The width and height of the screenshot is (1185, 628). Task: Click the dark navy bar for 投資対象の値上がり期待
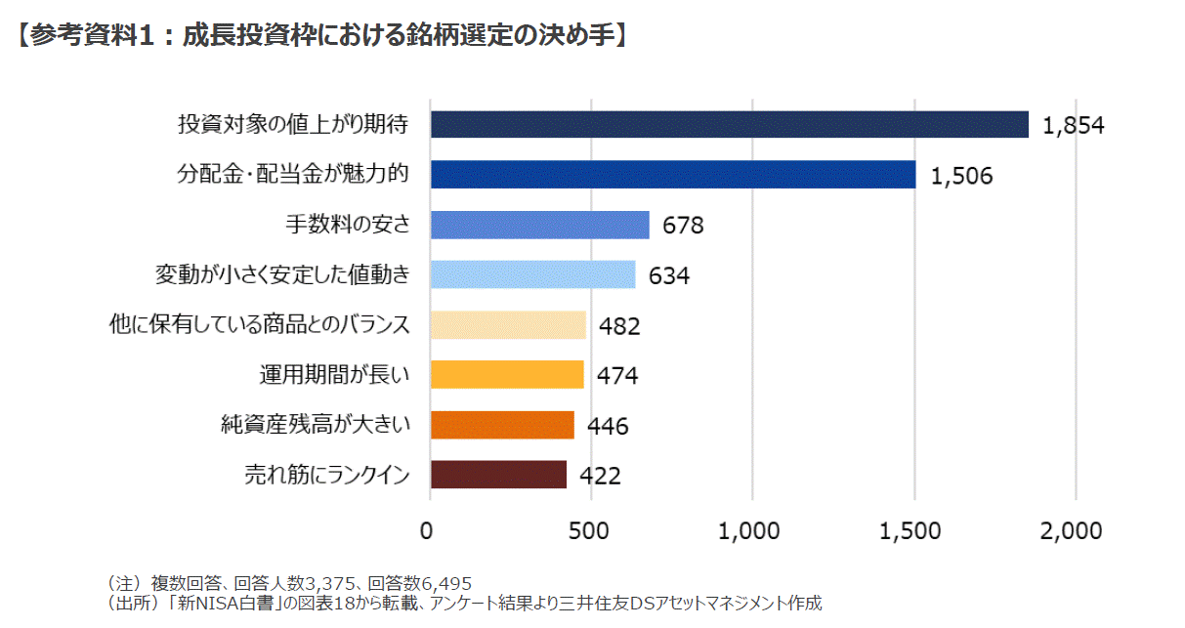coord(729,124)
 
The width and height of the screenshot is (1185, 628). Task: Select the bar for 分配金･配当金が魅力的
coord(672,175)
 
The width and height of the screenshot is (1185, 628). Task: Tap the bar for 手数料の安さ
coord(539,225)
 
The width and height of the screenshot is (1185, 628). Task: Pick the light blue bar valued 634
coord(532,274)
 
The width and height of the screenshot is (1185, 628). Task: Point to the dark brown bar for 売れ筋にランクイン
coord(498,475)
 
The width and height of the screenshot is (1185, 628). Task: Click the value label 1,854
coord(1073,125)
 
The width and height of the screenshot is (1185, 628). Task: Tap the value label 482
coord(619,325)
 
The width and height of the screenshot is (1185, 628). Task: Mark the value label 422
coord(600,476)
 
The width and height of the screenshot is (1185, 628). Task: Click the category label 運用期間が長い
coord(334,374)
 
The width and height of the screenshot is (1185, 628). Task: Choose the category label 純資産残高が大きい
coord(315,425)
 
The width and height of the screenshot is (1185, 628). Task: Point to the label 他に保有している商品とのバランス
coord(259,324)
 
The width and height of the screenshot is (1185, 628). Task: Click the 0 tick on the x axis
coord(428,531)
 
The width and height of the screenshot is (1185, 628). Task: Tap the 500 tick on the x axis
coord(590,531)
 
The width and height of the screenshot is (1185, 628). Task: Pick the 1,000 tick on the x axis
coord(751,531)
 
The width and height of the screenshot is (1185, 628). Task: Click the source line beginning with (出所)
coord(464,604)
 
